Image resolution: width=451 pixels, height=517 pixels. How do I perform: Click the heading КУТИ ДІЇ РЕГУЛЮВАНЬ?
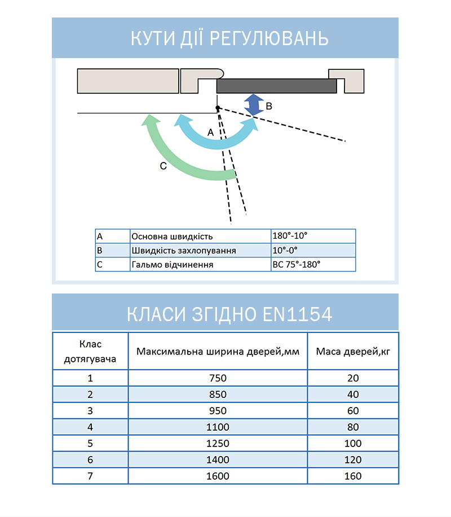[x=225, y=38]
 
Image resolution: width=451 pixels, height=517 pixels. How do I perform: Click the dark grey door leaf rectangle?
[x=276, y=86]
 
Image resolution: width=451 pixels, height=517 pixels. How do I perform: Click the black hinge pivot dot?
[x=218, y=108]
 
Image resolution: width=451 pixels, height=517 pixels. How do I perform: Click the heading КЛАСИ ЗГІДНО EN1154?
[x=225, y=314]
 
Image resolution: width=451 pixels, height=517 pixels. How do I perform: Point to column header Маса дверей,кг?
[x=353, y=351]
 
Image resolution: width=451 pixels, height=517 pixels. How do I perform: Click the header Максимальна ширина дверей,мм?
[x=218, y=351]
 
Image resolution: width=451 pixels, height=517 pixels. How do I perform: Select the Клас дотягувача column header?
[x=90, y=351]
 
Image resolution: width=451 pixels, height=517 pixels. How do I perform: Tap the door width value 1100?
[x=218, y=427]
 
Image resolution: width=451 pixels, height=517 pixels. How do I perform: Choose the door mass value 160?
[x=353, y=476]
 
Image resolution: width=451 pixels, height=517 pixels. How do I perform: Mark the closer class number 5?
[x=90, y=444]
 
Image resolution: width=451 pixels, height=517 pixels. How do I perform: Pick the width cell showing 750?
[x=218, y=378]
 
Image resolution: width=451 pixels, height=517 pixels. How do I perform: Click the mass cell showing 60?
[x=353, y=411]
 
